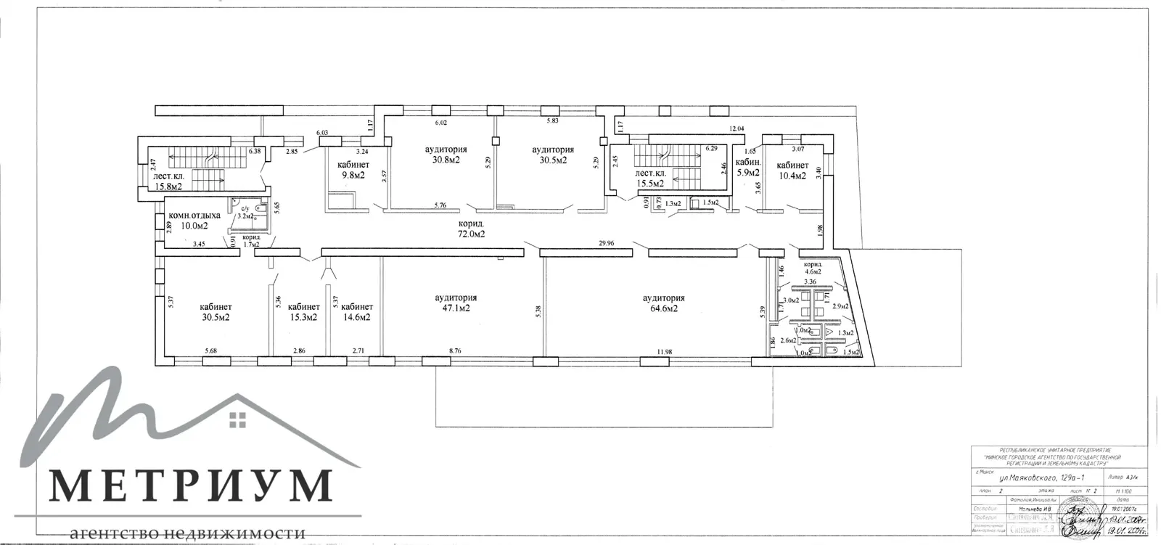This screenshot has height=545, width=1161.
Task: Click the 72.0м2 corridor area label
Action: point(470,234)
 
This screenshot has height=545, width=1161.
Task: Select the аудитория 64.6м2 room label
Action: point(663,303)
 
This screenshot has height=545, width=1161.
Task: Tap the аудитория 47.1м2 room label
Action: point(456,303)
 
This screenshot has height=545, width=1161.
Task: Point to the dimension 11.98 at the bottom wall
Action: point(664,352)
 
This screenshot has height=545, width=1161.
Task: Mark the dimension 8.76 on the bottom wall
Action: point(455,352)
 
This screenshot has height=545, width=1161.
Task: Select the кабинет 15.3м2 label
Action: point(303,312)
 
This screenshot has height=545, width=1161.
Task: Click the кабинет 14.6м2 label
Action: point(356,312)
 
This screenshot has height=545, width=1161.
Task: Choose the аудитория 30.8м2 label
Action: point(446,155)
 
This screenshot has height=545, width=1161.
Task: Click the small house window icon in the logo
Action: point(237,418)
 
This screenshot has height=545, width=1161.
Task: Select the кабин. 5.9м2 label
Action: point(747,168)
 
